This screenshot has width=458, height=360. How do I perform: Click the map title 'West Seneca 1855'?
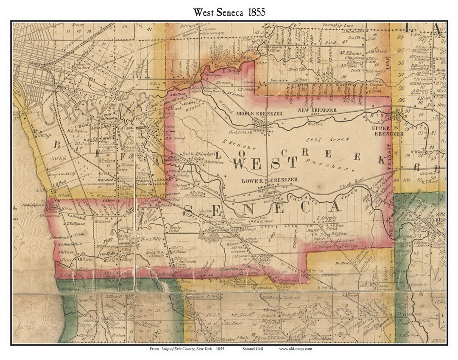pyautogui.click(x=229, y=12)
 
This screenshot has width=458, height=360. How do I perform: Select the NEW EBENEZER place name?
pyautogui.click(x=317, y=110)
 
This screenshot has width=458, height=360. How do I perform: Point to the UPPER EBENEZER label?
pyautogui.click(x=387, y=131)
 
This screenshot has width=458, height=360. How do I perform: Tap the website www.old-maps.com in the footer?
pyautogui.click(x=296, y=349)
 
